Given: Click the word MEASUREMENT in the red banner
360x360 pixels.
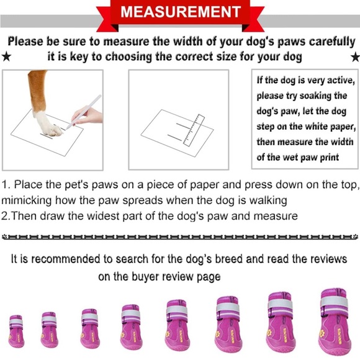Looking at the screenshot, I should click(180, 12).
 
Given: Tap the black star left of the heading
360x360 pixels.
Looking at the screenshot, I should click(6, 57).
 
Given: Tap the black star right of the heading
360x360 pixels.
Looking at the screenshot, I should click(355, 57).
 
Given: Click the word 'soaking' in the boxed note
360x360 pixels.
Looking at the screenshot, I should click(326, 96).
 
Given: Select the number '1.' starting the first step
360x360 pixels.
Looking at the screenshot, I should click(6, 185).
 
